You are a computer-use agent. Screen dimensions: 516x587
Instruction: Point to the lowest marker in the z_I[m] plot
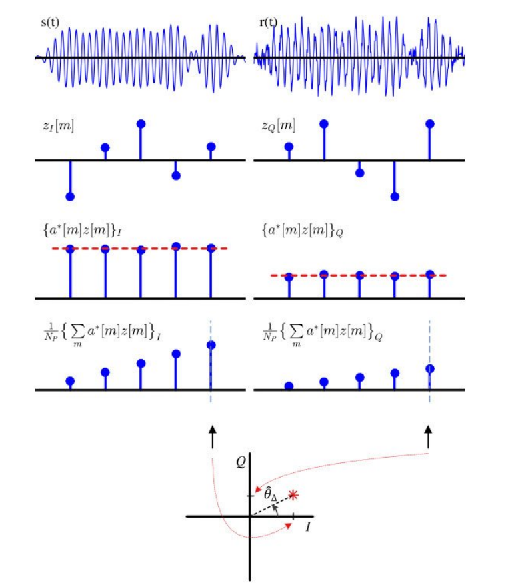click(70, 197)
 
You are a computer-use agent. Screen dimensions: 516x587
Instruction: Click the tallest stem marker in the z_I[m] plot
click(141, 124)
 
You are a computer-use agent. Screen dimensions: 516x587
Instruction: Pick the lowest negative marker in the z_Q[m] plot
click(395, 197)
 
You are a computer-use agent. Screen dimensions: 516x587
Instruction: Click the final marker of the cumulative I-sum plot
click(211, 345)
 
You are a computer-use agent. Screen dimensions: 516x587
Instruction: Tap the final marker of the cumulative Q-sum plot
click(430, 368)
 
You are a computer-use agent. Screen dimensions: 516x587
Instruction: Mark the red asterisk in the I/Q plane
click(292, 495)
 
